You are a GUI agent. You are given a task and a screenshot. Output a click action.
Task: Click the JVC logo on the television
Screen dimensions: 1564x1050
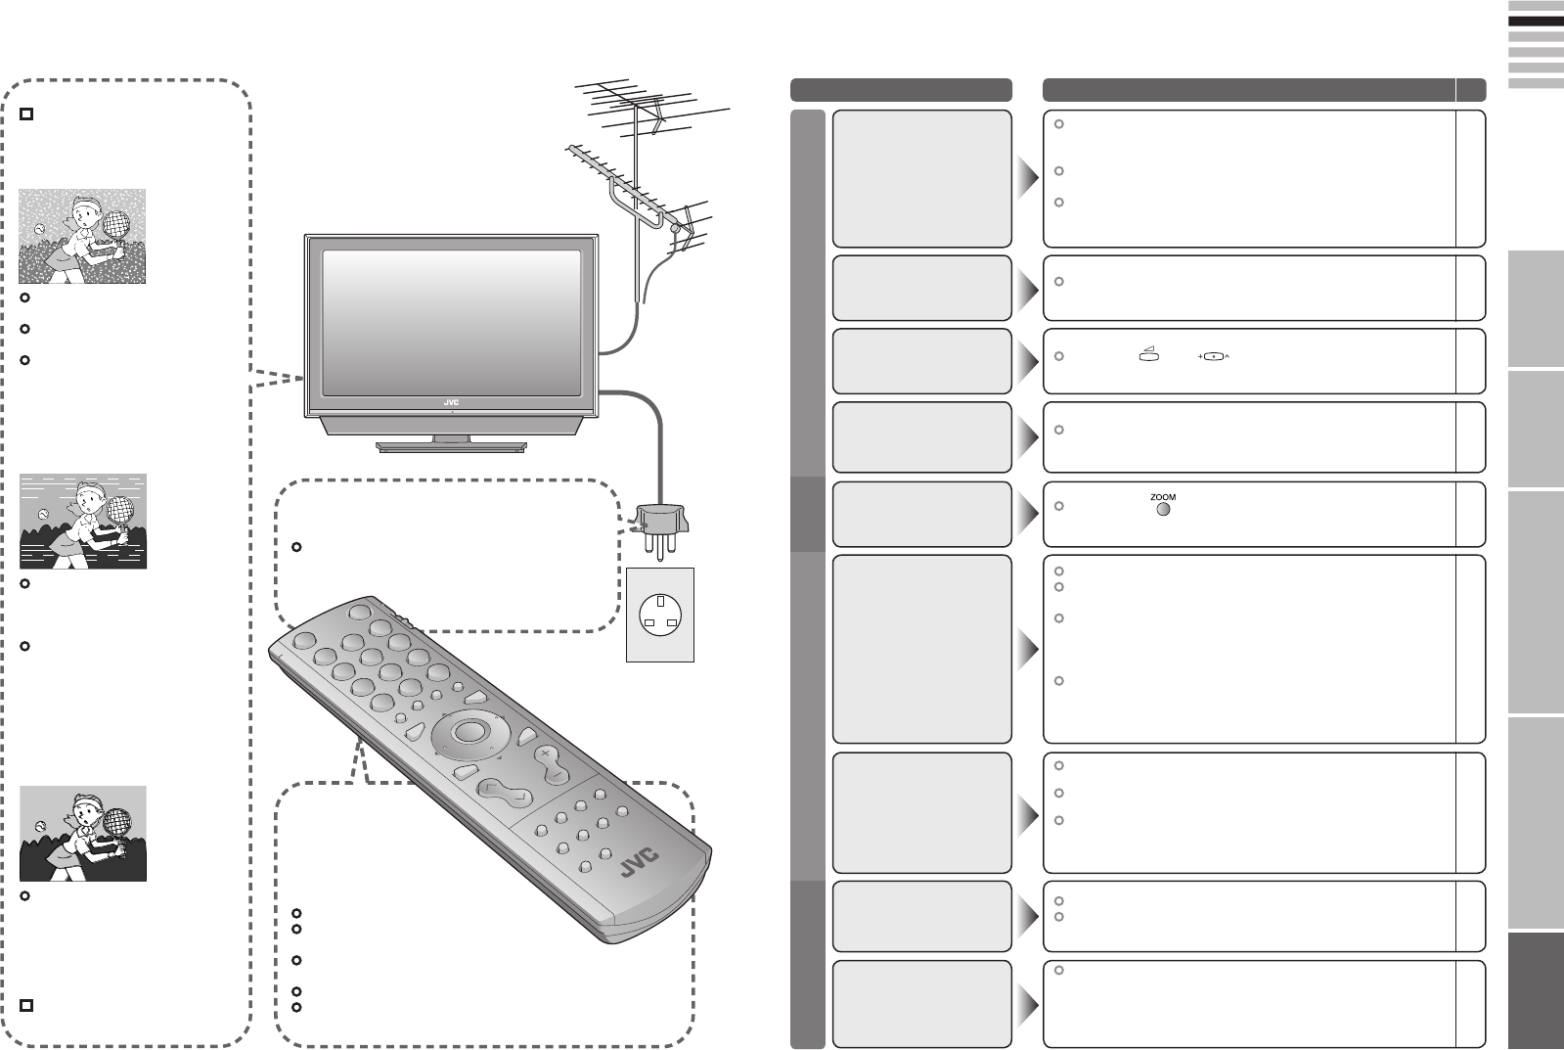[451, 402]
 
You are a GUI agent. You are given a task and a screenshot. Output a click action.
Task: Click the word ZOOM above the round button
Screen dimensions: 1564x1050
[1163, 497]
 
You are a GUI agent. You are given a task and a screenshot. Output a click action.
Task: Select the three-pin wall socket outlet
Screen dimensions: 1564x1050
[659, 615]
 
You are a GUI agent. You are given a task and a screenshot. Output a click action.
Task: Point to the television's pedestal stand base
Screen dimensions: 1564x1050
[451, 447]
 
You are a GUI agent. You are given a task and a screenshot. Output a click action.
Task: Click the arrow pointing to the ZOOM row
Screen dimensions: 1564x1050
[1027, 514]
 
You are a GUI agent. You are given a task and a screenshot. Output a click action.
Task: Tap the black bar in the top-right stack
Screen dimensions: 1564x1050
[1536, 20]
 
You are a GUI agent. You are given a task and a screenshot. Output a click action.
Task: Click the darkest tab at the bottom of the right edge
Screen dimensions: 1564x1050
[1536, 988]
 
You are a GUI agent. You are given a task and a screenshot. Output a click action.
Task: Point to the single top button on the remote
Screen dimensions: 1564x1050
[356, 611]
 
